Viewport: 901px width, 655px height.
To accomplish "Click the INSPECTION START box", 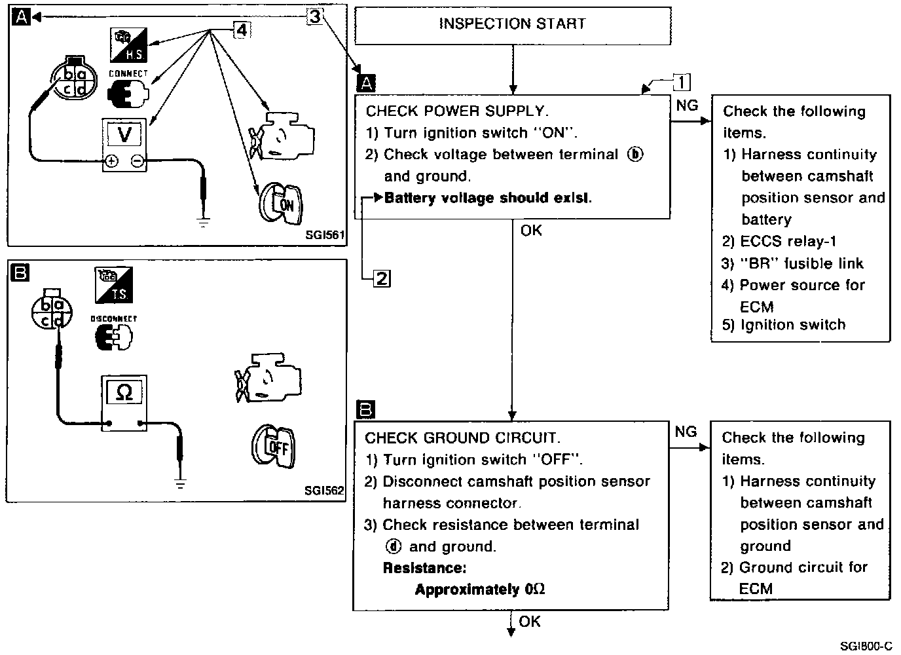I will [x=512, y=24].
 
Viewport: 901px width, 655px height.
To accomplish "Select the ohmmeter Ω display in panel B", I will [x=123, y=392].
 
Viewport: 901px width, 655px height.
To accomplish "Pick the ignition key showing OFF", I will [x=275, y=446].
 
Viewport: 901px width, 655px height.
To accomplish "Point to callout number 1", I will [x=682, y=82].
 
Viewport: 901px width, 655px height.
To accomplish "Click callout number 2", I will [x=381, y=278].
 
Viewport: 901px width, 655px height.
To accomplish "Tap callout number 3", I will [x=315, y=16].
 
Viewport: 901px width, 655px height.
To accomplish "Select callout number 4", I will [x=241, y=29].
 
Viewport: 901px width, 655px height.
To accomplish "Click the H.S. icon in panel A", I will [x=128, y=44].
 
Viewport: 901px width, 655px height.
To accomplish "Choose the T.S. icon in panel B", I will [x=114, y=284].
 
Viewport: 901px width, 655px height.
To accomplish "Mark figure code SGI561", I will [x=324, y=234].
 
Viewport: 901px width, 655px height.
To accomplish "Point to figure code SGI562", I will [x=324, y=491].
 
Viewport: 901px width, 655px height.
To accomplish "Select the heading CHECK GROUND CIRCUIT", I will [x=462, y=438].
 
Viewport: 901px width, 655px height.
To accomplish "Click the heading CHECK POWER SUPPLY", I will [x=457, y=111].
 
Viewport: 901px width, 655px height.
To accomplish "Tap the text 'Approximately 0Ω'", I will [x=480, y=589].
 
